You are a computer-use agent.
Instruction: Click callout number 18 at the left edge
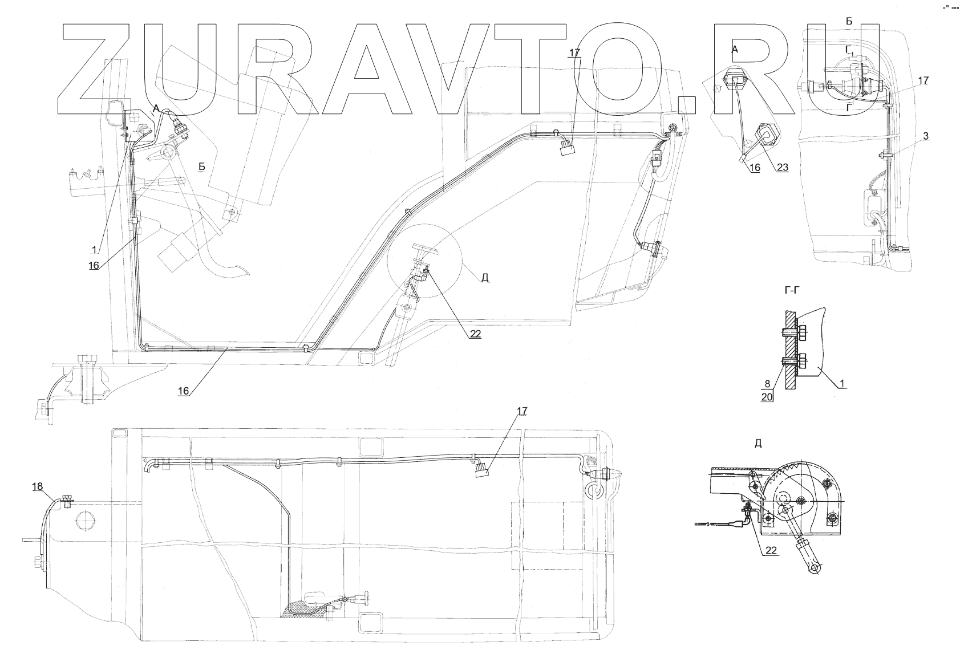tap(37, 486)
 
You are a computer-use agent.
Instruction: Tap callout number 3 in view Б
tap(926, 136)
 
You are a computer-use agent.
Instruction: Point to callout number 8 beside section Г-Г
tap(768, 385)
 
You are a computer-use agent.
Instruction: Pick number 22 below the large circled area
tap(475, 334)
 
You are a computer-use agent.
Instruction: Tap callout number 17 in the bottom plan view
tap(522, 411)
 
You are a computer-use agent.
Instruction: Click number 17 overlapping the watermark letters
tap(574, 52)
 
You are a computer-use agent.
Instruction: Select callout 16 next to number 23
tap(755, 167)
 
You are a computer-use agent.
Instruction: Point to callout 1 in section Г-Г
tap(840, 384)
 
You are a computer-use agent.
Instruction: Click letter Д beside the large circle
tap(485, 278)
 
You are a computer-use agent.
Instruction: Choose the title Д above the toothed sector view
tap(758, 443)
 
